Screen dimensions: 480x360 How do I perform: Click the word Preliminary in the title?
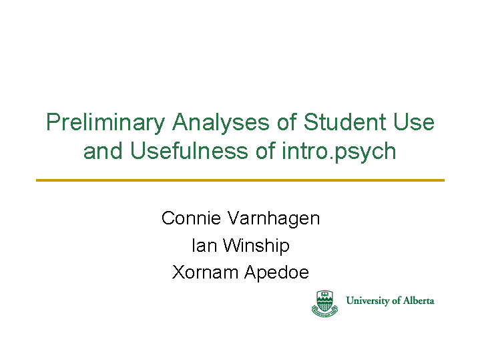(105, 123)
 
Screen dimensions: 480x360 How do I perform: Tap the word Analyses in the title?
(221, 123)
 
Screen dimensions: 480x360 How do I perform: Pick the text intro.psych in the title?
(339, 152)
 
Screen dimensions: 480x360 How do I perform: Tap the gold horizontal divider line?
(240, 180)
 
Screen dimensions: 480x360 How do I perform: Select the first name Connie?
(191, 218)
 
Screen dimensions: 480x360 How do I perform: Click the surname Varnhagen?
(274, 219)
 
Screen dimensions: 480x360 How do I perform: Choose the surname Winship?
(256, 246)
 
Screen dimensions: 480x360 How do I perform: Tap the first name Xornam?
(205, 272)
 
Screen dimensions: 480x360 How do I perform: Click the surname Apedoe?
(277, 273)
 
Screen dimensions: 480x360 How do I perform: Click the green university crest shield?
(324, 303)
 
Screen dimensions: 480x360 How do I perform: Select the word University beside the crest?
(368, 301)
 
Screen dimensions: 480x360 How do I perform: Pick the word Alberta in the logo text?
(419, 301)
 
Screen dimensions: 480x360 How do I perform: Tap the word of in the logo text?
(396, 301)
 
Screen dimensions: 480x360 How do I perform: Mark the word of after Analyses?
(287, 122)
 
